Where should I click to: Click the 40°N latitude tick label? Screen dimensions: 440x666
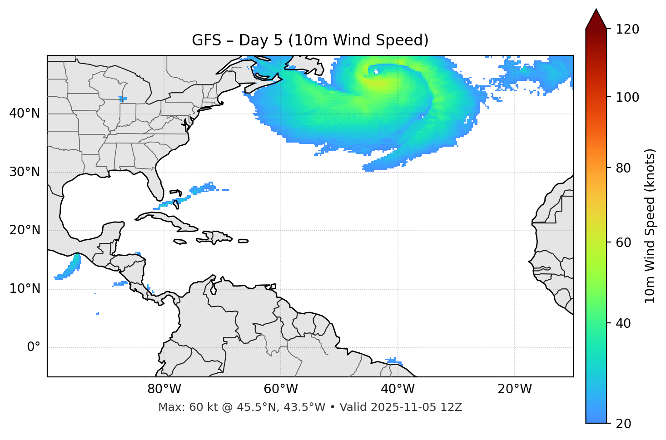(x=25, y=114)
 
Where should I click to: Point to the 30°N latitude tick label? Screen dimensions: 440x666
(x=25, y=172)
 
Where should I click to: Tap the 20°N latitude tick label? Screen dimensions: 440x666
(x=25, y=230)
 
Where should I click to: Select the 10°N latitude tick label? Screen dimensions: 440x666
(x=25, y=289)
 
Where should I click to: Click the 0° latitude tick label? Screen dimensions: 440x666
(x=34, y=347)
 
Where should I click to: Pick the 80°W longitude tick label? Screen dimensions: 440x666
(x=164, y=389)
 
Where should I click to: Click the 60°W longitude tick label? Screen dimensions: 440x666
(x=281, y=389)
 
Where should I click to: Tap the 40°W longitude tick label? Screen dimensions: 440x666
(x=398, y=389)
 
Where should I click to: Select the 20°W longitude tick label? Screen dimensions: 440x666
(x=515, y=389)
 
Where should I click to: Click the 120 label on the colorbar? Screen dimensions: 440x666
(x=627, y=29)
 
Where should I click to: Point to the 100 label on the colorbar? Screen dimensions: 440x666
(x=627, y=97)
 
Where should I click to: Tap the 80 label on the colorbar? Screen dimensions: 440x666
(x=623, y=168)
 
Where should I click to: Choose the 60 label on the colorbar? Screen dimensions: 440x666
(x=623, y=242)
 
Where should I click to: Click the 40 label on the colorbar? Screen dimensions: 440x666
(x=623, y=323)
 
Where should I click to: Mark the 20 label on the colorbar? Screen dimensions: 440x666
(x=623, y=424)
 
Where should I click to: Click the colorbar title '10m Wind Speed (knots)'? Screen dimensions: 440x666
(x=650, y=226)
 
